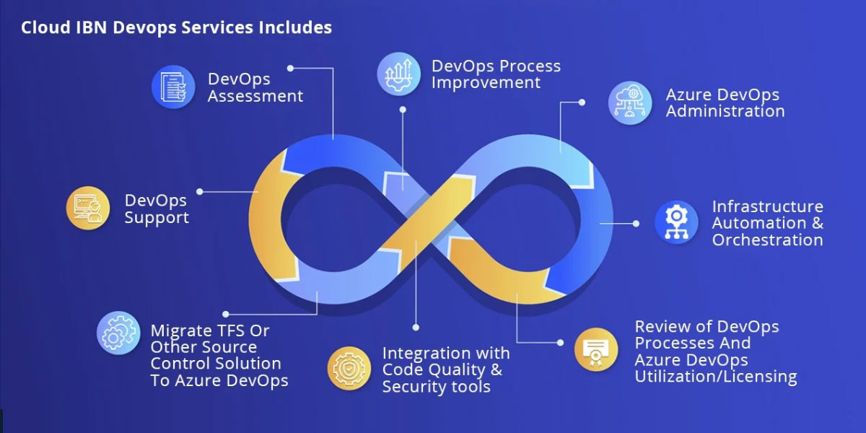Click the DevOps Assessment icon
pyautogui.click(x=173, y=87)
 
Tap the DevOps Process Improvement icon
pyautogui.click(x=398, y=74)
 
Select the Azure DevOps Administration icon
pyautogui.click(x=629, y=102)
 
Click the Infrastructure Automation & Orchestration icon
pyautogui.click(x=676, y=222)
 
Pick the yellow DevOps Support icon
pyautogui.click(x=88, y=209)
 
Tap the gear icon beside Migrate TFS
pyautogui.click(x=118, y=333)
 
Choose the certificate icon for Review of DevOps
pyautogui.click(x=596, y=350)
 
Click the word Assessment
pyautogui.click(x=255, y=96)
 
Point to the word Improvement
pyautogui.click(x=486, y=82)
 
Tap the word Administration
pyautogui.click(x=725, y=111)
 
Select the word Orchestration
pyautogui.click(x=767, y=240)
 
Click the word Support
pyautogui.click(x=157, y=217)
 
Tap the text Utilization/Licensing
pyautogui.click(x=715, y=376)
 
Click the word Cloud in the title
pyautogui.click(x=45, y=27)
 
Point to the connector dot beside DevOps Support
pyautogui.click(x=199, y=192)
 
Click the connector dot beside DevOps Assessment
pyautogui.click(x=290, y=68)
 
